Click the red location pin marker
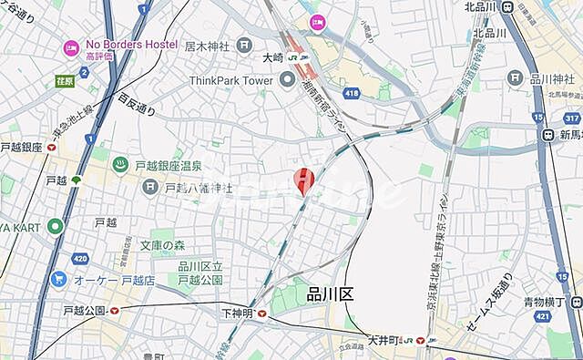point(304,180)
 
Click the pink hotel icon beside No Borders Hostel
point(71,47)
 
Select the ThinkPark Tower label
point(231,80)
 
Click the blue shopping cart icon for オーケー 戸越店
point(59,279)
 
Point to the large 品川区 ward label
point(329,293)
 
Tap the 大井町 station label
point(390,340)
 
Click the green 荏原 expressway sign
point(64,80)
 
